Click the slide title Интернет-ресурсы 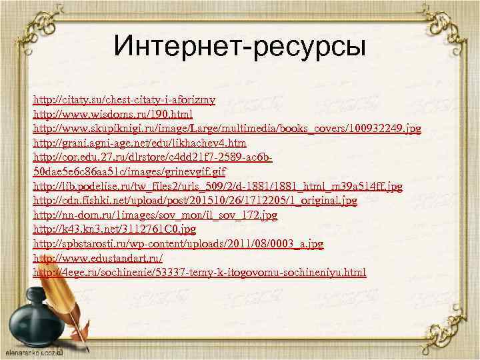240,46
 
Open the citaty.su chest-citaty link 124,100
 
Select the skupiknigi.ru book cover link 227,129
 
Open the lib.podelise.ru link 217,187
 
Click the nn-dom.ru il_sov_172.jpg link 155,215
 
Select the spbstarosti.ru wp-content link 178,245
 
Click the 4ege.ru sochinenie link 199,273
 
